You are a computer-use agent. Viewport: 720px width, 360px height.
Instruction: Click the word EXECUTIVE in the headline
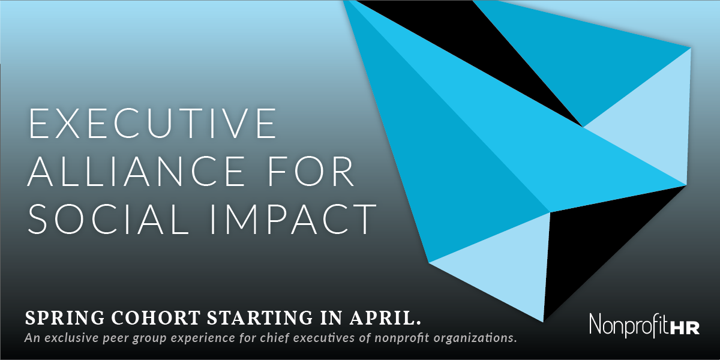(153, 123)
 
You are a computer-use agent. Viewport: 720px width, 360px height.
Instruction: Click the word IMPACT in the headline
(293, 219)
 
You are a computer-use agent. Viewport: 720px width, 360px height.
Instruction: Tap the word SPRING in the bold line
(65, 318)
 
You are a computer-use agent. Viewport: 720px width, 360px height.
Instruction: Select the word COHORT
(156, 317)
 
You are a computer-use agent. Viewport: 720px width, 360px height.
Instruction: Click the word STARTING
(260, 317)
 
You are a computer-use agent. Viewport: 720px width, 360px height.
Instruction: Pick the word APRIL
(385, 317)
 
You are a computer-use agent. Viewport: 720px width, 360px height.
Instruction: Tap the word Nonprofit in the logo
(630, 325)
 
